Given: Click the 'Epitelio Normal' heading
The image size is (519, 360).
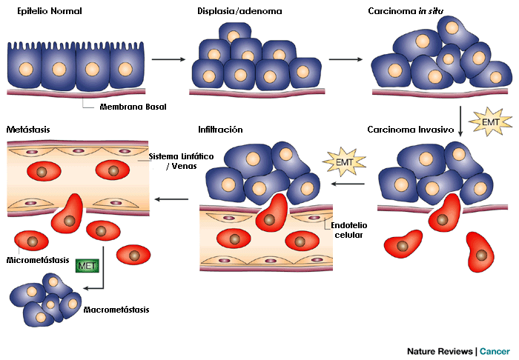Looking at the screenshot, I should pos(49,12).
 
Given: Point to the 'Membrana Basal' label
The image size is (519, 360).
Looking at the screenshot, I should pos(133,107).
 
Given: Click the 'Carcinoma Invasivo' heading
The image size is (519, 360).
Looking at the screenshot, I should pos(410,130).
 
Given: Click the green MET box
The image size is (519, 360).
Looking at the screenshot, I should pos(87,265).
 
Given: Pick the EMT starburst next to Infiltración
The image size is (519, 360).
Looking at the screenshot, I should pos(339,159).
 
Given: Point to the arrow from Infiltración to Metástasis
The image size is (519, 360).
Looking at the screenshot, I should pos(173,199).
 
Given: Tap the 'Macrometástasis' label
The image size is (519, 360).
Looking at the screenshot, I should pos(117,310).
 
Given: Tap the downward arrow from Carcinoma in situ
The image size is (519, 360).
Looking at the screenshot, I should pos(461,121).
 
